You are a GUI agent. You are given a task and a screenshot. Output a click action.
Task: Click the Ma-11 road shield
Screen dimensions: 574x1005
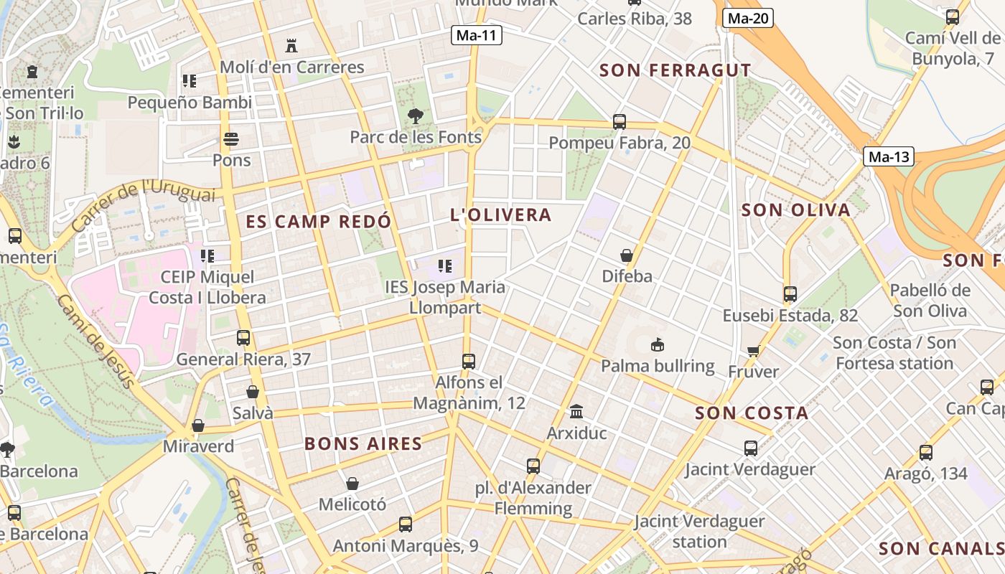pos(477,35)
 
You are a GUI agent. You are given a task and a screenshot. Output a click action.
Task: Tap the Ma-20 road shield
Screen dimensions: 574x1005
pos(747,19)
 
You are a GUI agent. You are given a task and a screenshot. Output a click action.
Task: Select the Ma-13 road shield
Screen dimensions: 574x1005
pos(889,156)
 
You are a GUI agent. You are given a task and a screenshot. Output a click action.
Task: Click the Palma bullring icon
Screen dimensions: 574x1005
pos(657,345)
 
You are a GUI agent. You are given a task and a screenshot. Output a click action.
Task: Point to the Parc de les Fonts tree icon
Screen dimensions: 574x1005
pos(415,116)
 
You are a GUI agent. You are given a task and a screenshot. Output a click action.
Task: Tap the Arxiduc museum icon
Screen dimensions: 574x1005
pos(576,412)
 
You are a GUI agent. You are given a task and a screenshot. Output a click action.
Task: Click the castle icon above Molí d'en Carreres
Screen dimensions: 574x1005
pos(291,46)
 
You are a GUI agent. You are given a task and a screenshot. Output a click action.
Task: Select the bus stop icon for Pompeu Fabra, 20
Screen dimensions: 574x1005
pos(620,122)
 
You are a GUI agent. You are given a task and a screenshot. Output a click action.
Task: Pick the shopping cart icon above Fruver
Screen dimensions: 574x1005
pos(753,351)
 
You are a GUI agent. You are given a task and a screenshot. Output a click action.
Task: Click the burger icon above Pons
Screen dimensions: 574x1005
pos(231,139)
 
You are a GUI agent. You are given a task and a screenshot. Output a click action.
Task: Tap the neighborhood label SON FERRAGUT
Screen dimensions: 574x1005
pos(675,70)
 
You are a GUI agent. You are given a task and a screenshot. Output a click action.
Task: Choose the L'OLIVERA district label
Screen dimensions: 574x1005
pos(500,215)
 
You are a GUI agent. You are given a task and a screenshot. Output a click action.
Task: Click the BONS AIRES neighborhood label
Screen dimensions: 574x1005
pos(363,443)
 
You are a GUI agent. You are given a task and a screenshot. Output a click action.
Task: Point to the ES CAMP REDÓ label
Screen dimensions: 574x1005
pos(319,221)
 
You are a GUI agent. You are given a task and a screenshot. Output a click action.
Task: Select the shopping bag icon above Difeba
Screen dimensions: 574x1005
pos(627,255)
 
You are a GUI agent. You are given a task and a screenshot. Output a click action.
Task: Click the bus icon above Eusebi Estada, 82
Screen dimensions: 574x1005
pos(790,294)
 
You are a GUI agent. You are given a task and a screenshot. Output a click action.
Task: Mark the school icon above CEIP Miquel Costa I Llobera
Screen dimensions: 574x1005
pos(207,256)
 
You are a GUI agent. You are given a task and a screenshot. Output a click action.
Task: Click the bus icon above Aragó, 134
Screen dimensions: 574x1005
pos(926,453)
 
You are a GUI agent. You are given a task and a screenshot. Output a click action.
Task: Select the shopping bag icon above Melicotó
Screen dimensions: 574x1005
pos(352,484)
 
